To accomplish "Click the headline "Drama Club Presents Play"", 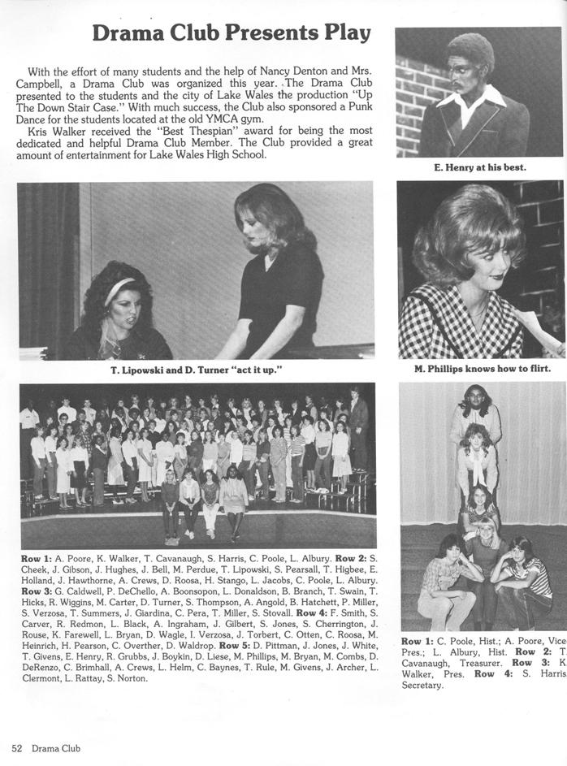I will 232,33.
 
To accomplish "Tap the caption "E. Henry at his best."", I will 480,167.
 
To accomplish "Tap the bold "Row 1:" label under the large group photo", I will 37,558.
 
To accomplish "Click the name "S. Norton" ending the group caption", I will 125,678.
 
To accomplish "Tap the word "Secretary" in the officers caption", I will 422,685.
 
